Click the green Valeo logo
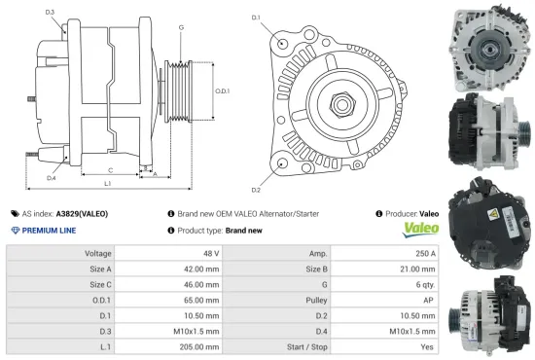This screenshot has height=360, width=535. pyautogui.click(x=420, y=229)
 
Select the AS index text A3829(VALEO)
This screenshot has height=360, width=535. pyautogui.click(x=82, y=212)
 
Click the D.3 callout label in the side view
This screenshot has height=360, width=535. pyautogui.click(x=50, y=12)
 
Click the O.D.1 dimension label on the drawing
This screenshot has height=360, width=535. pyautogui.click(x=222, y=90)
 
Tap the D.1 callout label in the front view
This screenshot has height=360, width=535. pyautogui.click(x=257, y=18)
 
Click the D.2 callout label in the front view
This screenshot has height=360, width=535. pyautogui.click(x=256, y=189)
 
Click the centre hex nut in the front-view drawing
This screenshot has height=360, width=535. pyautogui.click(x=345, y=102)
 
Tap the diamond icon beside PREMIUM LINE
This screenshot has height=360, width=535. pyautogui.click(x=15, y=230)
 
